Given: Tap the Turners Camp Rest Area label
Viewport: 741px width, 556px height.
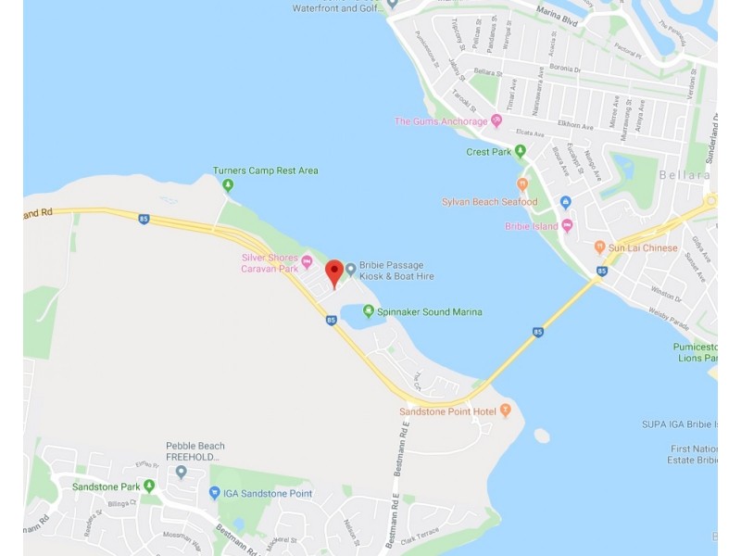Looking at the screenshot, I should coord(265,171).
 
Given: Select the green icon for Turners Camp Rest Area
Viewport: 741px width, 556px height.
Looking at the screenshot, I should coord(228,185).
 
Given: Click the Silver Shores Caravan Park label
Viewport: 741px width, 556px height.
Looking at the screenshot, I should coord(270,263).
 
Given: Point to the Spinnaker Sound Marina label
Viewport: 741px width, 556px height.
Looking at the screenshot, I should coord(430,312).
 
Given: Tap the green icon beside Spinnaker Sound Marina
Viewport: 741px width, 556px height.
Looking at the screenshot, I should coord(369,311).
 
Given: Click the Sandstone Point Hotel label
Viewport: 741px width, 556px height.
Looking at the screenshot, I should coord(447,411).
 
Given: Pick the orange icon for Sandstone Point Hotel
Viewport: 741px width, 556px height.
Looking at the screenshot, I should coord(506,411).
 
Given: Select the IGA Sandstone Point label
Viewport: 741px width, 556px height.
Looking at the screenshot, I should coord(267,494).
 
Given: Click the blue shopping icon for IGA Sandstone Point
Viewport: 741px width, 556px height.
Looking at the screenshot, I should coord(215,494).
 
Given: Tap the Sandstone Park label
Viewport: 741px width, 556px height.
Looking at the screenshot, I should coord(106,486).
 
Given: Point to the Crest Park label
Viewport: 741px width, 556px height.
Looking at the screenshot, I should coord(489,152).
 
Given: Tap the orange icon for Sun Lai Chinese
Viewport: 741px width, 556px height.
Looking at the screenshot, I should coord(600,247).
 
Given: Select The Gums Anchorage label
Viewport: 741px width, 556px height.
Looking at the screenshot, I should coord(441,121).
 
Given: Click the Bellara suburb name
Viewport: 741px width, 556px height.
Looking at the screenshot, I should coord(686,174).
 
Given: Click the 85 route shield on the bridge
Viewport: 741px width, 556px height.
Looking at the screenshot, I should coord(538,331).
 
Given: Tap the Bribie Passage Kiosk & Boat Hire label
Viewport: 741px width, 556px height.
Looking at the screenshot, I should coord(397,271).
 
